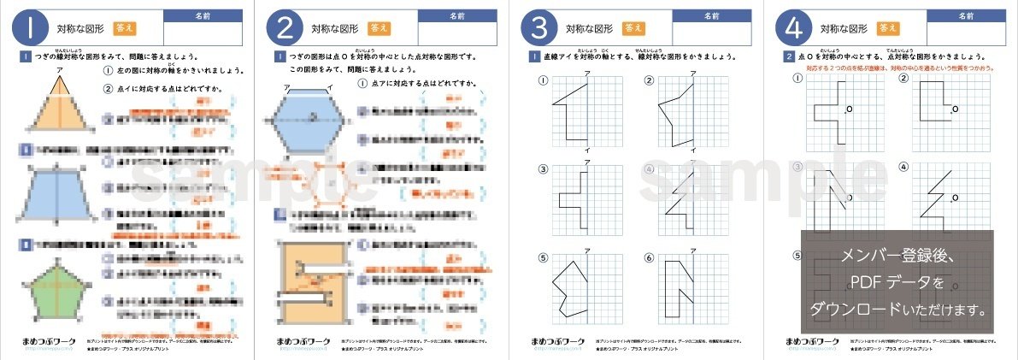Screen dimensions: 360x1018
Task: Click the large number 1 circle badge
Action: tap(30, 28)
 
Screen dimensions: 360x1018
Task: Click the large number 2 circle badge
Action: tap(285, 28)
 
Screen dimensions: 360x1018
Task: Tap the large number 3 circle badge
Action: tap(538, 28)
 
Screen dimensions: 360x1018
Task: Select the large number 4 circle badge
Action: tap(791, 28)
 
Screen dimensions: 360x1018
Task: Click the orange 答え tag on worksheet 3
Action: tap(633, 28)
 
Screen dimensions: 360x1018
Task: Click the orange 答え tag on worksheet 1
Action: tap(125, 28)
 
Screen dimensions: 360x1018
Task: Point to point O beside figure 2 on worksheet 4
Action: tap(954, 109)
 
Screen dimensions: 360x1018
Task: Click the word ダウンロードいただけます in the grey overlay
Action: tap(897, 306)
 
